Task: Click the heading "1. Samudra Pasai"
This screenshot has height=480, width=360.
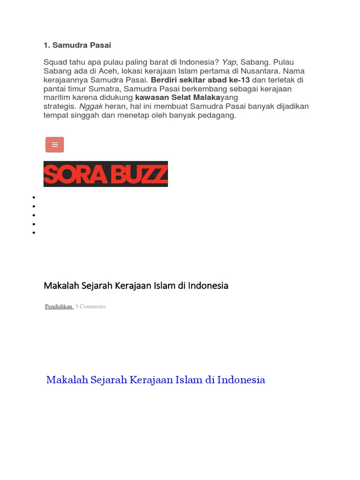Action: [x=77, y=45]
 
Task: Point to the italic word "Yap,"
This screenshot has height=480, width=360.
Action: [x=230, y=62]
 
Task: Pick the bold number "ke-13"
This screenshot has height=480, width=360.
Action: [x=239, y=80]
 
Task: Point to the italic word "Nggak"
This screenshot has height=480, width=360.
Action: [x=91, y=107]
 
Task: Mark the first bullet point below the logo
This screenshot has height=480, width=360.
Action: [x=34, y=197]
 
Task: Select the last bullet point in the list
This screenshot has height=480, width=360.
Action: [x=34, y=233]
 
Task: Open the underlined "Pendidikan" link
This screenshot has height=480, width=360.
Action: [x=59, y=307]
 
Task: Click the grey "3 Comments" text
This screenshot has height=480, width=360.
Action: [x=90, y=307]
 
